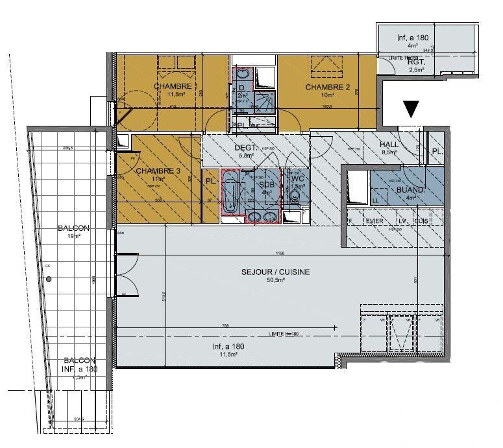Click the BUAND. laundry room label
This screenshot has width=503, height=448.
click(x=410, y=191)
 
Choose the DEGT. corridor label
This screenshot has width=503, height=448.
click(x=247, y=147)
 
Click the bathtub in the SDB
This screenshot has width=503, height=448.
click(x=228, y=193)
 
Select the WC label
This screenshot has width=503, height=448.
click(x=297, y=178)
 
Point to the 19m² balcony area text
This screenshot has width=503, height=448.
click(x=72, y=237)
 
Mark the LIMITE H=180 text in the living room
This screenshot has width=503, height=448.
click(x=282, y=334)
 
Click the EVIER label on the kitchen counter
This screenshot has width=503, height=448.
click(x=374, y=221)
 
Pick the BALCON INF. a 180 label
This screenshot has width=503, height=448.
click(x=80, y=365)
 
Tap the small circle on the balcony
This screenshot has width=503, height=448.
click(x=48, y=279)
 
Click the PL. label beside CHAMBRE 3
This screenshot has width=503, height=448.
click(x=211, y=182)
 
